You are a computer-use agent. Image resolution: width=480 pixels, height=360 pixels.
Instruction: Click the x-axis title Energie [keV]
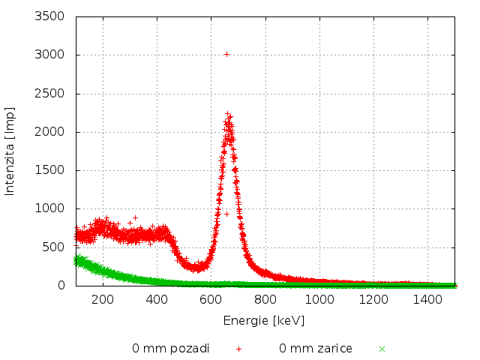tap(264, 320)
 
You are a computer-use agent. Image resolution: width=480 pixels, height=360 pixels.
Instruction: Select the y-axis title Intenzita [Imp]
tap(10, 151)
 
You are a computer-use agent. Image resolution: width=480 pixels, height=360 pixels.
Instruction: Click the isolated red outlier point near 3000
tap(227, 54)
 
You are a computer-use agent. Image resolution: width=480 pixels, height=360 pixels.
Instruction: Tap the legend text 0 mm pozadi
tap(171, 349)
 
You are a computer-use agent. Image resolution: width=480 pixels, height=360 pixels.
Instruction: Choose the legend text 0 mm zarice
tap(316, 349)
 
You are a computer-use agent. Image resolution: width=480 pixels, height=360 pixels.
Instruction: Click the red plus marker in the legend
tap(239, 349)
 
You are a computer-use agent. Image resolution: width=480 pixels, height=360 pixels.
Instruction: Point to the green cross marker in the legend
tap(382, 349)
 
